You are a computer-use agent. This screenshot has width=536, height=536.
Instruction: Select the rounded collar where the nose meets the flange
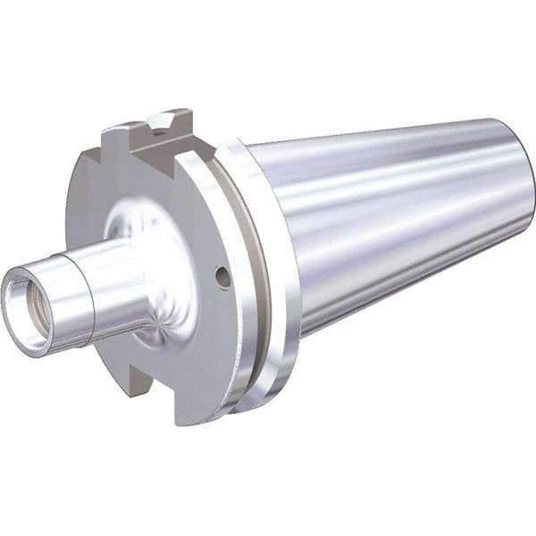point(143,268)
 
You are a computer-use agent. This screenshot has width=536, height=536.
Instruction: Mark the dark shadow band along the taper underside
point(402,286)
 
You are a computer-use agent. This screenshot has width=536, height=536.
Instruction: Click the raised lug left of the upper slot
point(121,143)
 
